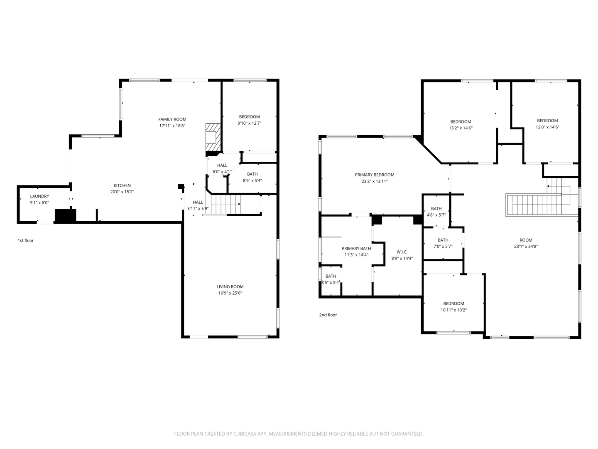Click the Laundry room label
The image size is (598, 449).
click(39, 196)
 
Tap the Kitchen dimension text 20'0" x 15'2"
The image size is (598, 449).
click(122, 192)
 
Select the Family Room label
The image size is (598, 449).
click(172, 119)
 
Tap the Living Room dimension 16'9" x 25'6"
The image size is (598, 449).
click(230, 293)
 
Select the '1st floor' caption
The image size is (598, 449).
click(26, 241)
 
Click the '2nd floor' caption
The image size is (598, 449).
click(328, 315)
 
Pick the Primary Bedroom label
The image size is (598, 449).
click(375, 175)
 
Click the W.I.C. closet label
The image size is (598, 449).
click(402, 252)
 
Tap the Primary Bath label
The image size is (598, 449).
click(356, 249)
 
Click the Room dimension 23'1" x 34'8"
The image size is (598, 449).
click(526, 247)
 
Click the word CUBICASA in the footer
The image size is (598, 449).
click(250, 434)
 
